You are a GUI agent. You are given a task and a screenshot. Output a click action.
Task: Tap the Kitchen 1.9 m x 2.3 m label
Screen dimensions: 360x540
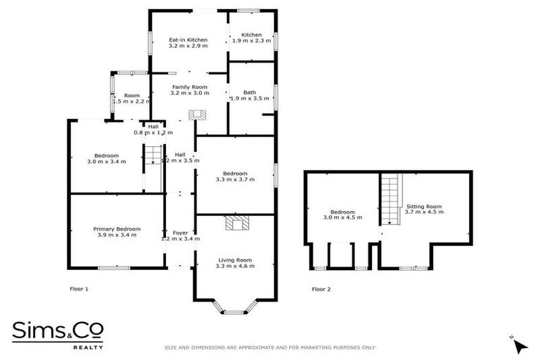(x=252, y=39)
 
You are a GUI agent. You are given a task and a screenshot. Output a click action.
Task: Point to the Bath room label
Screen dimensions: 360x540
(x=250, y=96)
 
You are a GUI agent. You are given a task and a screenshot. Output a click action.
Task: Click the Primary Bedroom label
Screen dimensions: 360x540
(x=117, y=231)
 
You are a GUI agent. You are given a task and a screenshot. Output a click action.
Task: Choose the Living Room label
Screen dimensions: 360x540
(x=235, y=262)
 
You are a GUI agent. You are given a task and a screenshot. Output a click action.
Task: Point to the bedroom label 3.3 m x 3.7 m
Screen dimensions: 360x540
(x=235, y=176)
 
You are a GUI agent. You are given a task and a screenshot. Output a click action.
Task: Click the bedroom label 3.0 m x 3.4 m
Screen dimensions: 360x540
(x=107, y=158)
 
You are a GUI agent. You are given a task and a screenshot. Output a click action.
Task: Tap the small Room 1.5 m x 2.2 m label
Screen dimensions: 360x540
(x=132, y=98)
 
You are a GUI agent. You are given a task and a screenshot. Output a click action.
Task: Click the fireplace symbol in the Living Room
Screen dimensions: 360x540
(x=235, y=224)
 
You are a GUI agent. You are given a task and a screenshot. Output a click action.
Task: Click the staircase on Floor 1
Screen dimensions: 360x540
(x=153, y=155)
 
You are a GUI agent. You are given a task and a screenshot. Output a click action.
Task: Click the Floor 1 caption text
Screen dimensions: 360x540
(x=79, y=289)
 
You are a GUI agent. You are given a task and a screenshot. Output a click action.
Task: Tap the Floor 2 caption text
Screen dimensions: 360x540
(x=321, y=289)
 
